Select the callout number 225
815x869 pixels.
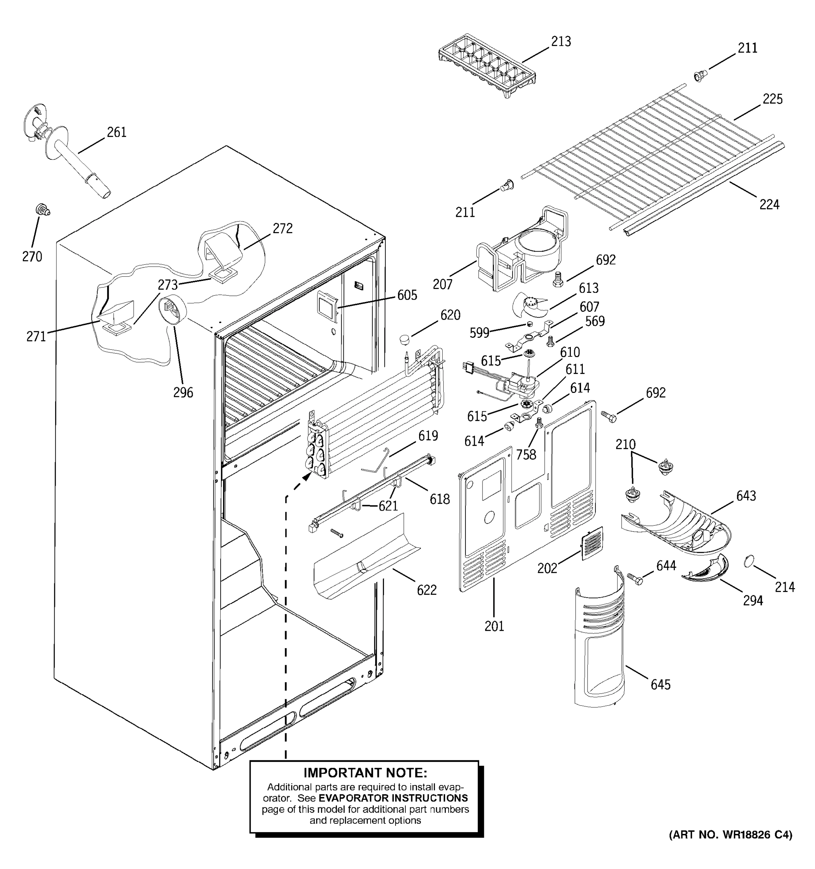click(772, 99)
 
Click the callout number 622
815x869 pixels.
click(426, 590)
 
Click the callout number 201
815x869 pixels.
click(494, 626)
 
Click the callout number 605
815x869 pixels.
click(407, 295)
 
